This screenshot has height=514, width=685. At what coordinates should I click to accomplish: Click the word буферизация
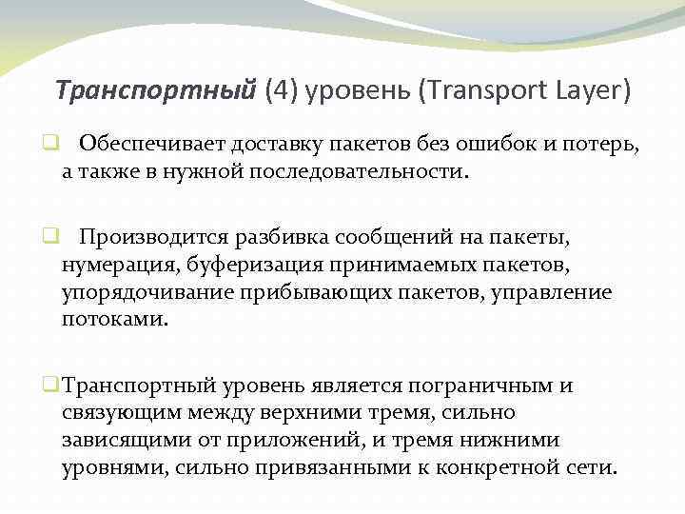click(x=272, y=264)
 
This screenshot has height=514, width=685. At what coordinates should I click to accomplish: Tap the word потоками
click(x=114, y=320)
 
